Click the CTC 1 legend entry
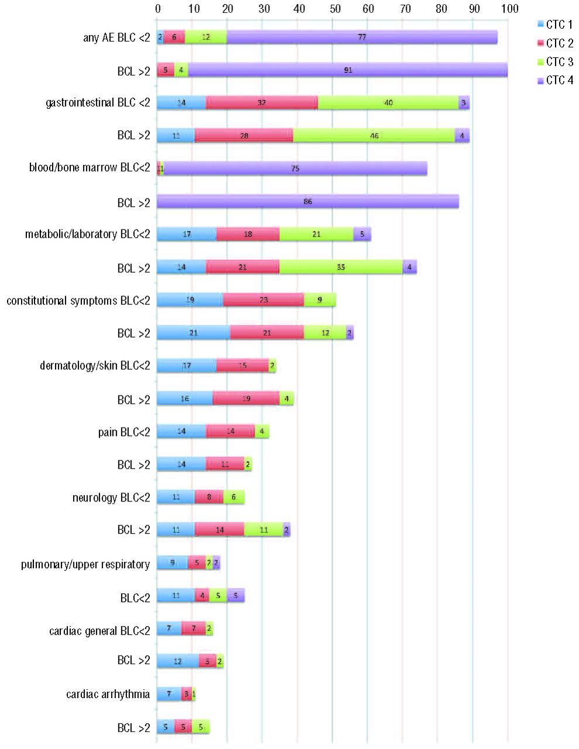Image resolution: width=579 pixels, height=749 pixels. pos(554,25)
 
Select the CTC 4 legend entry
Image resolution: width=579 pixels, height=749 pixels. pos(554,80)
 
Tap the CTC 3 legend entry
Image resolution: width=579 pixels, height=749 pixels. pos(554,61)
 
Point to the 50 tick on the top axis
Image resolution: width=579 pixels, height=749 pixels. pos(333,9)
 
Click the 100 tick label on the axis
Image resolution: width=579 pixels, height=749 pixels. pos(508,9)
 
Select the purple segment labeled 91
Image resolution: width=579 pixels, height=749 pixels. pos(348,70)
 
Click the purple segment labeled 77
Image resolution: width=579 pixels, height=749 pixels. pos(362,37)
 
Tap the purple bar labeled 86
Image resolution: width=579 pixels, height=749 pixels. pos(308,202)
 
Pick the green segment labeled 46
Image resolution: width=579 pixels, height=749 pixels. pos(374,136)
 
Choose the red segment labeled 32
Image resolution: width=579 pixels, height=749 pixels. pos(262,103)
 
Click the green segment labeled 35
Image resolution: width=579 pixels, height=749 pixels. pos(341,267)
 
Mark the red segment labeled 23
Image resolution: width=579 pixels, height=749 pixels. pos(263,300)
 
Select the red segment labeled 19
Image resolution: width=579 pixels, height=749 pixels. pos(246,398)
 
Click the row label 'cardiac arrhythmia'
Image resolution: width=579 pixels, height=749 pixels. pos(108,695)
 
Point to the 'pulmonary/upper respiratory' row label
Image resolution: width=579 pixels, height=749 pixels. pos(85,565)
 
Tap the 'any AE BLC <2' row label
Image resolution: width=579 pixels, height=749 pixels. pos(117,38)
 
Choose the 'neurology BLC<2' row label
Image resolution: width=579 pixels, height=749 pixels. pos(111,498)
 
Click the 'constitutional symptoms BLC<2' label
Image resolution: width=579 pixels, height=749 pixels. pos(78,301)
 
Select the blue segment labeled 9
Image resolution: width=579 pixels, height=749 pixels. pos(172,563)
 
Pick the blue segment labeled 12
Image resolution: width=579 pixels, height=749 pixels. pos(178,661)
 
